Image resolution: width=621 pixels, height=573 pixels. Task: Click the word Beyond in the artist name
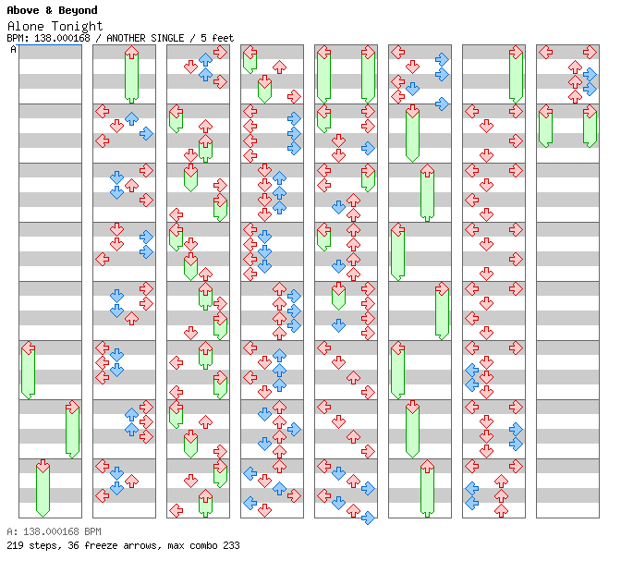[x=78, y=10]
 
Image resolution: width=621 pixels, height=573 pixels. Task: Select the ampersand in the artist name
[x=49, y=10]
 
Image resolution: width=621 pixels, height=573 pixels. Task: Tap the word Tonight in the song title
[x=78, y=27]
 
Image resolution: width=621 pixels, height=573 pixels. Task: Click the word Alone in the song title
[x=25, y=27]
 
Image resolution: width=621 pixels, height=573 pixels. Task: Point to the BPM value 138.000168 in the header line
[x=62, y=38]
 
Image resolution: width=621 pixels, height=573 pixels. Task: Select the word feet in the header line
[x=223, y=38]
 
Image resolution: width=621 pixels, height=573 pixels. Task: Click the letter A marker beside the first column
[x=13, y=50]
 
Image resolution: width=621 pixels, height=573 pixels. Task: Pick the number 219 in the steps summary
[x=15, y=545]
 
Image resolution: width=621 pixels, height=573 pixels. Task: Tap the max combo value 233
[x=231, y=545]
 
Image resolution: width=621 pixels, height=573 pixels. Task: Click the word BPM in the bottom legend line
[x=93, y=531]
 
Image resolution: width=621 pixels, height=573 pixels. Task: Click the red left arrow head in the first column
[x=28, y=348]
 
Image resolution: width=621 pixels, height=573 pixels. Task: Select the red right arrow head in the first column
[x=72, y=407]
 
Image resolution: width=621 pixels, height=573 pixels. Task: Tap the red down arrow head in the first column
[x=43, y=466]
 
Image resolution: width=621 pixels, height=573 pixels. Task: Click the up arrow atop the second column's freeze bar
[x=131, y=53]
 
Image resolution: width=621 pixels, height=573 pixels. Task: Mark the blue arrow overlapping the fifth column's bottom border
[x=368, y=518]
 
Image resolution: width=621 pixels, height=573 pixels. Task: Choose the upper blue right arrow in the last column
[x=590, y=75]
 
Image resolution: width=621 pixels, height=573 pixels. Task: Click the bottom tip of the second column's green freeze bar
[x=131, y=103]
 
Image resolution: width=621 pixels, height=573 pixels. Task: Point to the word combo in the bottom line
[x=203, y=545]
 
